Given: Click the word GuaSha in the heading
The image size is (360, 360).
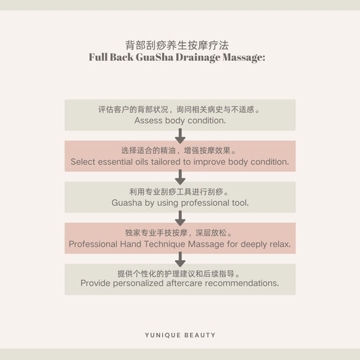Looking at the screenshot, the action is pyautogui.click(x=154, y=57).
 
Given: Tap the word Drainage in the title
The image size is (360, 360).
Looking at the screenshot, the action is pyautogui.click(x=198, y=57).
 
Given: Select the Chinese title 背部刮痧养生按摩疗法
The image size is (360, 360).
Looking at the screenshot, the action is pyautogui.click(x=177, y=45).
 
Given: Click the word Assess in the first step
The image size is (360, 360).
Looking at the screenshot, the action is pyautogui.click(x=149, y=120).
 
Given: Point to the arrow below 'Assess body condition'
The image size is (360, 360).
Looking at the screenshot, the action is pyautogui.click(x=180, y=136).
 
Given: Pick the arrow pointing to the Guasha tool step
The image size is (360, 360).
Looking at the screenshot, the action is pyautogui.click(x=180, y=177).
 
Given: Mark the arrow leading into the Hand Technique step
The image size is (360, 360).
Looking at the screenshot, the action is pyautogui.click(x=180, y=218).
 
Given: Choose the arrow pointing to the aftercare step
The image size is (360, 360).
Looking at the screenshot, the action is pyautogui.click(x=180, y=259).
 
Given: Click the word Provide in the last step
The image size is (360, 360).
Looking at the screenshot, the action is pyautogui.click(x=95, y=283).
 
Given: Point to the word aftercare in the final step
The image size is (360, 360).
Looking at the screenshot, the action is pyautogui.click(x=184, y=283).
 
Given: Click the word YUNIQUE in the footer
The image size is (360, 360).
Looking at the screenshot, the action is pyautogui.click(x=163, y=335).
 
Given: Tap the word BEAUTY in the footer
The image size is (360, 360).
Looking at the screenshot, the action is pyautogui.click(x=200, y=335).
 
